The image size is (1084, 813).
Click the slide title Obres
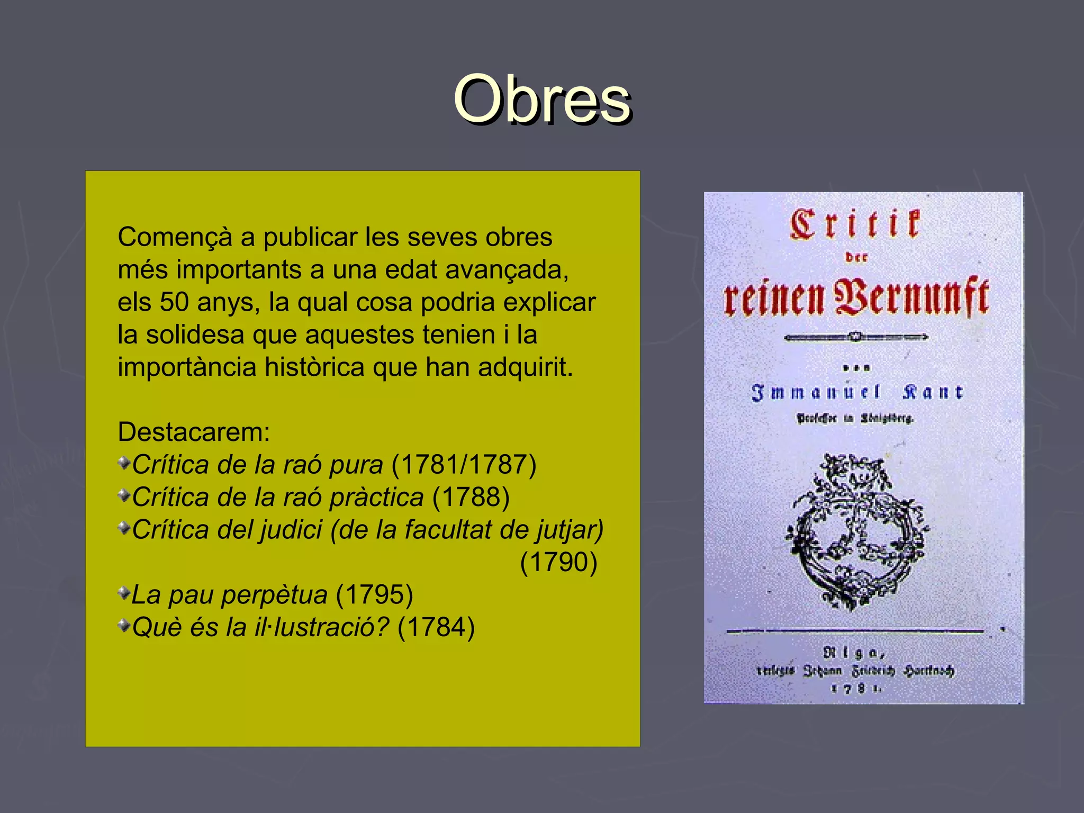tap(541, 100)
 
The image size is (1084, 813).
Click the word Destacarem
tap(193, 432)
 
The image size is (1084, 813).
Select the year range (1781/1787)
tap(464, 465)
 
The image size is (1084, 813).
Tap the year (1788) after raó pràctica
tap(471, 498)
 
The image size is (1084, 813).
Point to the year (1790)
tap(558, 562)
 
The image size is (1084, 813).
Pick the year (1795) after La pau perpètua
tap(374, 595)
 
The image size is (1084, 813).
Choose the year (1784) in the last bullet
tap(436, 628)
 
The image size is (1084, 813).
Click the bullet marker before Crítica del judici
tap(124, 528)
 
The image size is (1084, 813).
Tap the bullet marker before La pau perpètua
tap(124, 593)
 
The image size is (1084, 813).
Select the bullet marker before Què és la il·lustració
tap(124, 626)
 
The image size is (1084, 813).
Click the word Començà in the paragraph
tap(175, 237)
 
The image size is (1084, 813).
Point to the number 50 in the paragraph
tap(174, 302)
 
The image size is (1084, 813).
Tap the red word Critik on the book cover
tap(855, 224)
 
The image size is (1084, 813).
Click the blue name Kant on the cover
tap(933, 392)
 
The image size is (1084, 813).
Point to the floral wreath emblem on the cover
tap(856, 532)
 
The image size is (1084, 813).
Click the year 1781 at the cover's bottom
tap(856, 688)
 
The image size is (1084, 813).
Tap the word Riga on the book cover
tap(853, 653)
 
